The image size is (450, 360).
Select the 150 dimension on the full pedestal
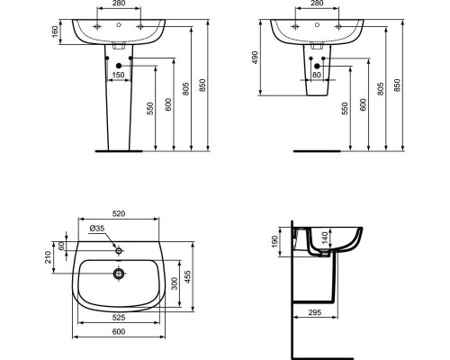pyautogui.click(x=118, y=76)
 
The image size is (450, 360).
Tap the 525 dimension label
pyautogui.click(x=118, y=318)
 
